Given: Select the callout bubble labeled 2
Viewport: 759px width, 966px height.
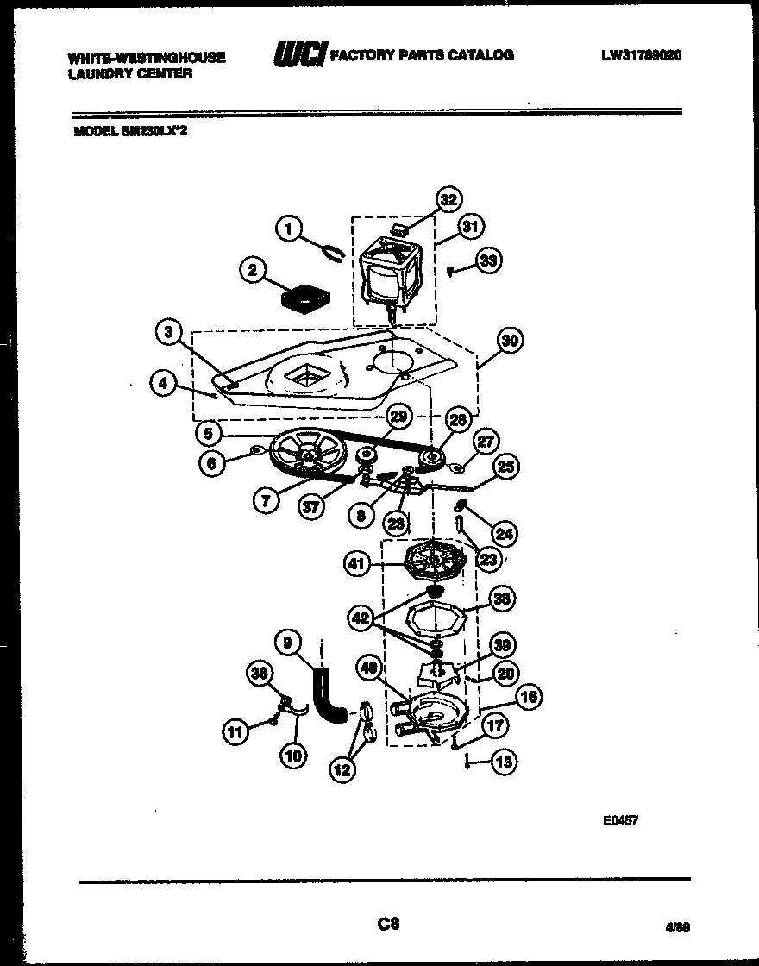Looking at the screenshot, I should pos(251,271).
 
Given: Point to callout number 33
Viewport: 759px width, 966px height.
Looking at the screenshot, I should pos(489,260).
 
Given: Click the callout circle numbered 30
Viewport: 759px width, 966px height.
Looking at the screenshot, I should pos(510,341).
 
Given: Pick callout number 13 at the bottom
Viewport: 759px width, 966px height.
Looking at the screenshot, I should pos(505,761).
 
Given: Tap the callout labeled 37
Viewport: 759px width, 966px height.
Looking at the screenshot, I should pos(312,507).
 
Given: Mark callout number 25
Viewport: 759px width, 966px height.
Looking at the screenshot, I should pos(505,467).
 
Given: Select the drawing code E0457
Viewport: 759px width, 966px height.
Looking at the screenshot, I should pos(621,822).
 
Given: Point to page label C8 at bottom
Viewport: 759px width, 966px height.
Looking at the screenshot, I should pos(388,925).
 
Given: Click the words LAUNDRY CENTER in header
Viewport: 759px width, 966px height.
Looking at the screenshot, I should pos(129,73).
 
